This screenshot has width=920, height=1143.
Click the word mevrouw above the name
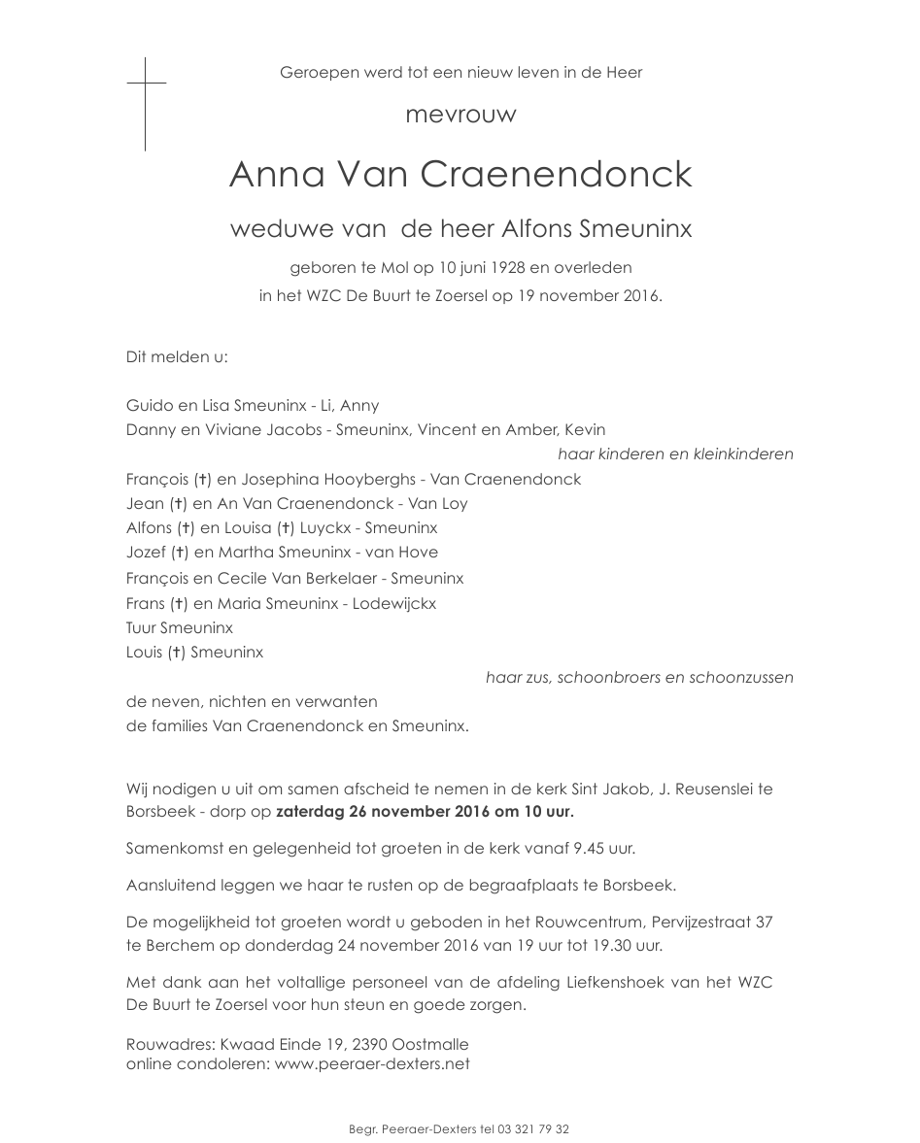click(x=460, y=115)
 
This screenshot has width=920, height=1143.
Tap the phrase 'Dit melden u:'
click(x=177, y=357)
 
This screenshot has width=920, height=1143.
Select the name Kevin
click(x=585, y=430)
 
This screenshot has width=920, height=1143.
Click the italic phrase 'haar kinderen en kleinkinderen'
click(x=675, y=454)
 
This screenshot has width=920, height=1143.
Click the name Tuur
click(x=141, y=628)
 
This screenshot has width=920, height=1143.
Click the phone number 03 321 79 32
click(x=533, y=1129)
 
